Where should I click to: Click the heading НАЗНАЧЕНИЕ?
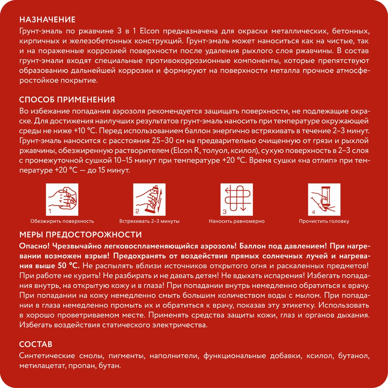[x=47, y=20]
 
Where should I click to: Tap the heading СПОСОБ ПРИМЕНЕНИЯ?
[x=66, y=100]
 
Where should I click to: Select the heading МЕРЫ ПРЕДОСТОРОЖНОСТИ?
[x=80, y=235]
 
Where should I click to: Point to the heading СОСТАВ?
[x=35, y=345]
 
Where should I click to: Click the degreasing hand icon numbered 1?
[x=62, y=200]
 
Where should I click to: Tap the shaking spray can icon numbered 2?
[x=149, y=200]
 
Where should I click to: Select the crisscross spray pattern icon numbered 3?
[x=236, y=200]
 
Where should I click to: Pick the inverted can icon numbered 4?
[x=324, y=200]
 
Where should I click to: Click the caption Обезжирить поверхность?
[x=62, y=221]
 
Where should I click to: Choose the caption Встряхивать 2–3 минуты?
[x=149, y=221]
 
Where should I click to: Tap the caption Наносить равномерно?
[x=237, y=221]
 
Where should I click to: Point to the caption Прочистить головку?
[x=324, y=221]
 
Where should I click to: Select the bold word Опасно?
[x=33, y=246]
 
